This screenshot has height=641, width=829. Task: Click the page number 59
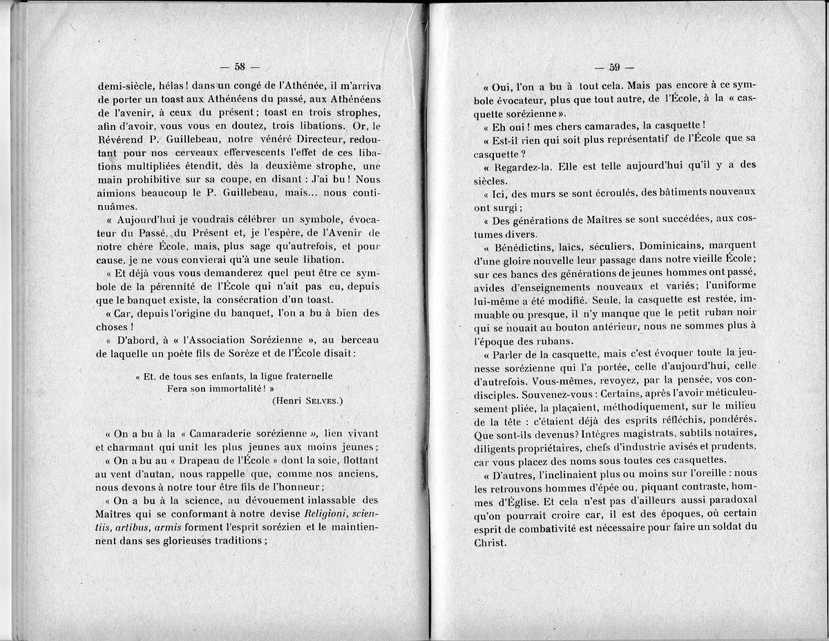click(613, 67)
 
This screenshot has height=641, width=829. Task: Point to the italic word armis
click(167, 528)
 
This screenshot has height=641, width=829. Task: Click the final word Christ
click(490, 542)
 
